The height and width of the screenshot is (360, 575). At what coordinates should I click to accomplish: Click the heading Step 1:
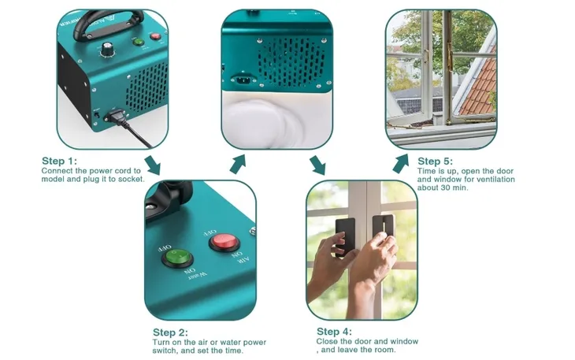pyautogui.click(x=60, y=161)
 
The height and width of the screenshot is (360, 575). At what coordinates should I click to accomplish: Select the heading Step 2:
pyautogui.click(x=170, y=332)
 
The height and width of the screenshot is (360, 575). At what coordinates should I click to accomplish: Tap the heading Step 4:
pyautogui.click(x=334, y=331)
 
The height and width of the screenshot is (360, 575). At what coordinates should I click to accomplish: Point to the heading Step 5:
pyautogui.click(x=440, y=161)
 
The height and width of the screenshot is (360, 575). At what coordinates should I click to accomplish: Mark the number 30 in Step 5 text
pyautogui.click(x=440, y=188)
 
